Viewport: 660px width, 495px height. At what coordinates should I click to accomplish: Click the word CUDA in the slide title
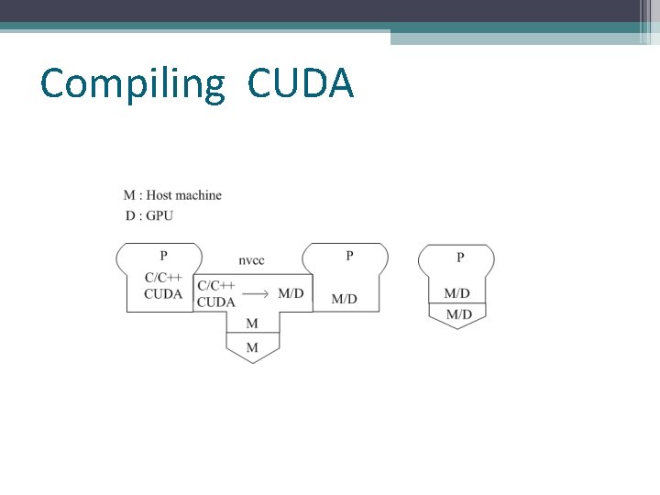pyautogui.click(x=300, y=83)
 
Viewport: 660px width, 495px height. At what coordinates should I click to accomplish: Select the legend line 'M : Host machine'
pyautogui.click(x=172, y=195)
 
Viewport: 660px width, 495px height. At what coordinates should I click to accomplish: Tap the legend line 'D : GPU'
pyautogui.click(x=148, y=215)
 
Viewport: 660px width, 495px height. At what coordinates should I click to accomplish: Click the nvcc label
pyautogui.click(x=251, y=260)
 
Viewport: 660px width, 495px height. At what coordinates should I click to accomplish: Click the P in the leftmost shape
pyautogui.click(x=164, y=256)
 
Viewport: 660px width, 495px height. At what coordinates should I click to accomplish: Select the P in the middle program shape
pyautogui.click(x=349, y=256)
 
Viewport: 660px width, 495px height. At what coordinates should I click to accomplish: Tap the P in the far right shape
pyautogui.click(x=460, y=258)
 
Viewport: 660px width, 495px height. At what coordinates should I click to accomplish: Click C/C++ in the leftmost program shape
pyautogui.click(x=163, y=278)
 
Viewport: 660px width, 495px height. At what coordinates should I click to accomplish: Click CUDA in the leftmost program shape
pyautogui.click(x=163, y=294)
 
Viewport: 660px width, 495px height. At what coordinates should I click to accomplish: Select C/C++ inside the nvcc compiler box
pyautogui.click(x=216, y=286)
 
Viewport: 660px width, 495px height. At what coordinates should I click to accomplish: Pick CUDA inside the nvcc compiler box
pyautogui.click(x=216, y=302)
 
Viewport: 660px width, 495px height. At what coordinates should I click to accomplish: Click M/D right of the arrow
pyautogui.click(x=291, y=293)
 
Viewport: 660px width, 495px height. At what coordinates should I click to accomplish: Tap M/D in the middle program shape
pyautogui.click(x=344, y=299)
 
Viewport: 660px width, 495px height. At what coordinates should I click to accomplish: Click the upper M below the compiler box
pyautogui.click(x=252, y=324)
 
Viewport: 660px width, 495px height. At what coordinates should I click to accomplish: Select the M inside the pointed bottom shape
pyautogui.click(x=252, y=347)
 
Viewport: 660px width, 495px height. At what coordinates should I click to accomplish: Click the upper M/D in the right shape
pyautogui.click(x=456, y=293)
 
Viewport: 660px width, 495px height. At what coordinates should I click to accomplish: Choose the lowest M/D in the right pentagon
pyautogui.click(x=458, y=313)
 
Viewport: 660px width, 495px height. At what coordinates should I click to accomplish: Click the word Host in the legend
pyautogui.click(x=159, y=195)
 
